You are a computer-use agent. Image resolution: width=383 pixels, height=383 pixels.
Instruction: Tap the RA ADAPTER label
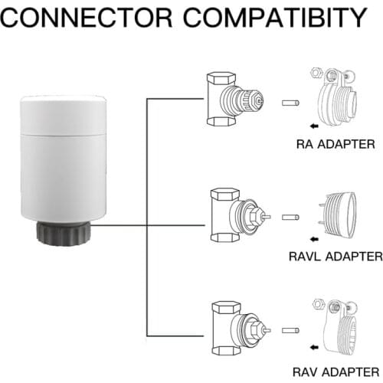click(x=336, y=143)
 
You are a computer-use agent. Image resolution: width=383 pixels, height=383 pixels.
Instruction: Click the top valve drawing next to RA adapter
click(x=233, y=99)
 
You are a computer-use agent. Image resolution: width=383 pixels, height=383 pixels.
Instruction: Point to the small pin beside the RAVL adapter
click(x=290, y=218)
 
